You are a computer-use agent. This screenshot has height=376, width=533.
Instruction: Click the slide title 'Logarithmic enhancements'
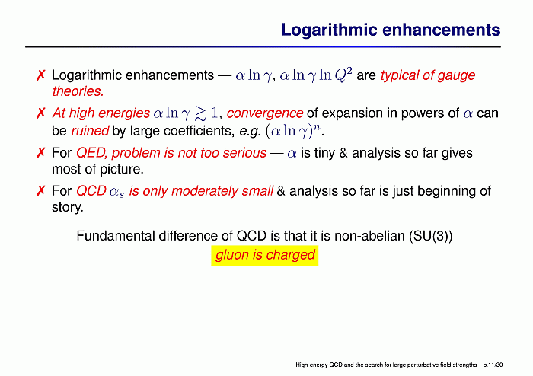pos(391,30)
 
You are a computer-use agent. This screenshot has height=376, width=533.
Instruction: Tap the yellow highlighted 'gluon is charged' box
pos(265,256)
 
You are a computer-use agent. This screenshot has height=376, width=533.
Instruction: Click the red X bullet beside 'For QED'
pos(40,153)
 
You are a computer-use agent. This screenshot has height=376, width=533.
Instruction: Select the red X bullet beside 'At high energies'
pos(40,113)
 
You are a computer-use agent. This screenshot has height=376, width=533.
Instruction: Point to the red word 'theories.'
pos(78,91)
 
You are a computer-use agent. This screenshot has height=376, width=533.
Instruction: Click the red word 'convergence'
pos(264,113)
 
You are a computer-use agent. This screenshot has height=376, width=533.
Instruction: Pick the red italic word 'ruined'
pos(90,131)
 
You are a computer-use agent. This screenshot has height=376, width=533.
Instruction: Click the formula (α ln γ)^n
pos(293,130)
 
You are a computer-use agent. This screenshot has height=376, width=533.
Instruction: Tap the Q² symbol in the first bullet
pos(343,75)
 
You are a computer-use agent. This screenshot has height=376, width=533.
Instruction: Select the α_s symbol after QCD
pos(116,192)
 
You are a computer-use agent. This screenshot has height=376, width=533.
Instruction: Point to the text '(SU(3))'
pos(431,236)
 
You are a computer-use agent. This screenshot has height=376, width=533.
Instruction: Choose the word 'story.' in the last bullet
pos(67,207)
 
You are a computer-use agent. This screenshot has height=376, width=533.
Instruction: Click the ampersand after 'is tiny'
pos(343,153)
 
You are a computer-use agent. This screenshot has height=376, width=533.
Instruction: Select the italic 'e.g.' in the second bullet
pos(250,131)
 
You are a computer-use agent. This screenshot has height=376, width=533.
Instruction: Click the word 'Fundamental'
pos(116,236)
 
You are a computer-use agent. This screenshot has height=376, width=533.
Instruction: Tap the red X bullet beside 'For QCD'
pos(40,191)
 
